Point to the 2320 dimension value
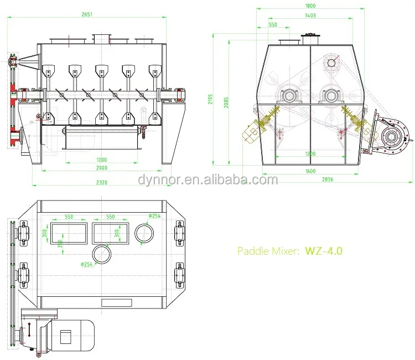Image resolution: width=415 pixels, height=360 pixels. click(x=101, y=182)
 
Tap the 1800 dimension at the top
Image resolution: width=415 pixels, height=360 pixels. click(x=310, y=6)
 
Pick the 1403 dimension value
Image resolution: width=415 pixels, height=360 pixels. click(x=310, y=16)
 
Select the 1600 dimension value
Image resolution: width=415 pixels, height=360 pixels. click(x=310, y=171)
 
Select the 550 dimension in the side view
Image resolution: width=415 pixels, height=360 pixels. click(x=273, y=25)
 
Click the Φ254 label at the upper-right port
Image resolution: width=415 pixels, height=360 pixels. click(x=154, y=216)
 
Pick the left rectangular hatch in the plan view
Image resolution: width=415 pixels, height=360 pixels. click(x=69, y=234)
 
